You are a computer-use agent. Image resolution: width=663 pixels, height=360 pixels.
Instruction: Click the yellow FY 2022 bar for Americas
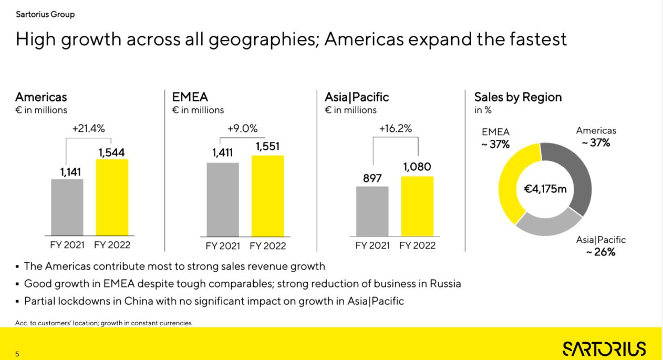click(x=112, y=197)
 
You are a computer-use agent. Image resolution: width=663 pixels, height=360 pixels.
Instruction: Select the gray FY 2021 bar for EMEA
click(x=223, y=199)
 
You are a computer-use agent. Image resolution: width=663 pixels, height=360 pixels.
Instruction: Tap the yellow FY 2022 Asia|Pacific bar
click(x=417, y=206)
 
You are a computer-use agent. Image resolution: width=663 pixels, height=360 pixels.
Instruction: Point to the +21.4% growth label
click(x=89, y=128)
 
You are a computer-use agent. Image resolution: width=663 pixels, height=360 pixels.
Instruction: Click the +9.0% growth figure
click(x=242, y=129)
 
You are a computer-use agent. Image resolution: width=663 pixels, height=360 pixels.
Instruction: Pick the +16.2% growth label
click(x=395, y=129)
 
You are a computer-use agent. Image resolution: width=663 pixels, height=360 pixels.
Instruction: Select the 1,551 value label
click(x=267, y=147)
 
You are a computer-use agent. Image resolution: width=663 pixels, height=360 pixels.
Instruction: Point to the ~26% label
click(x=600, y=252)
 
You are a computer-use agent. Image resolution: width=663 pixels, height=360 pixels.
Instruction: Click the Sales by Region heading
click(x=517, y=97)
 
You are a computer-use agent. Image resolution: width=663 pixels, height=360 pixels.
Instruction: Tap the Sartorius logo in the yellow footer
click(x=604, y=348)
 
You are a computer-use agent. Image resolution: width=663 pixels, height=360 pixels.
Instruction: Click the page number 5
click(x=17, y=354)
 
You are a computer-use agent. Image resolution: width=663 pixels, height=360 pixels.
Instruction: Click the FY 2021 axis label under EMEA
click(x=223, y=246)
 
